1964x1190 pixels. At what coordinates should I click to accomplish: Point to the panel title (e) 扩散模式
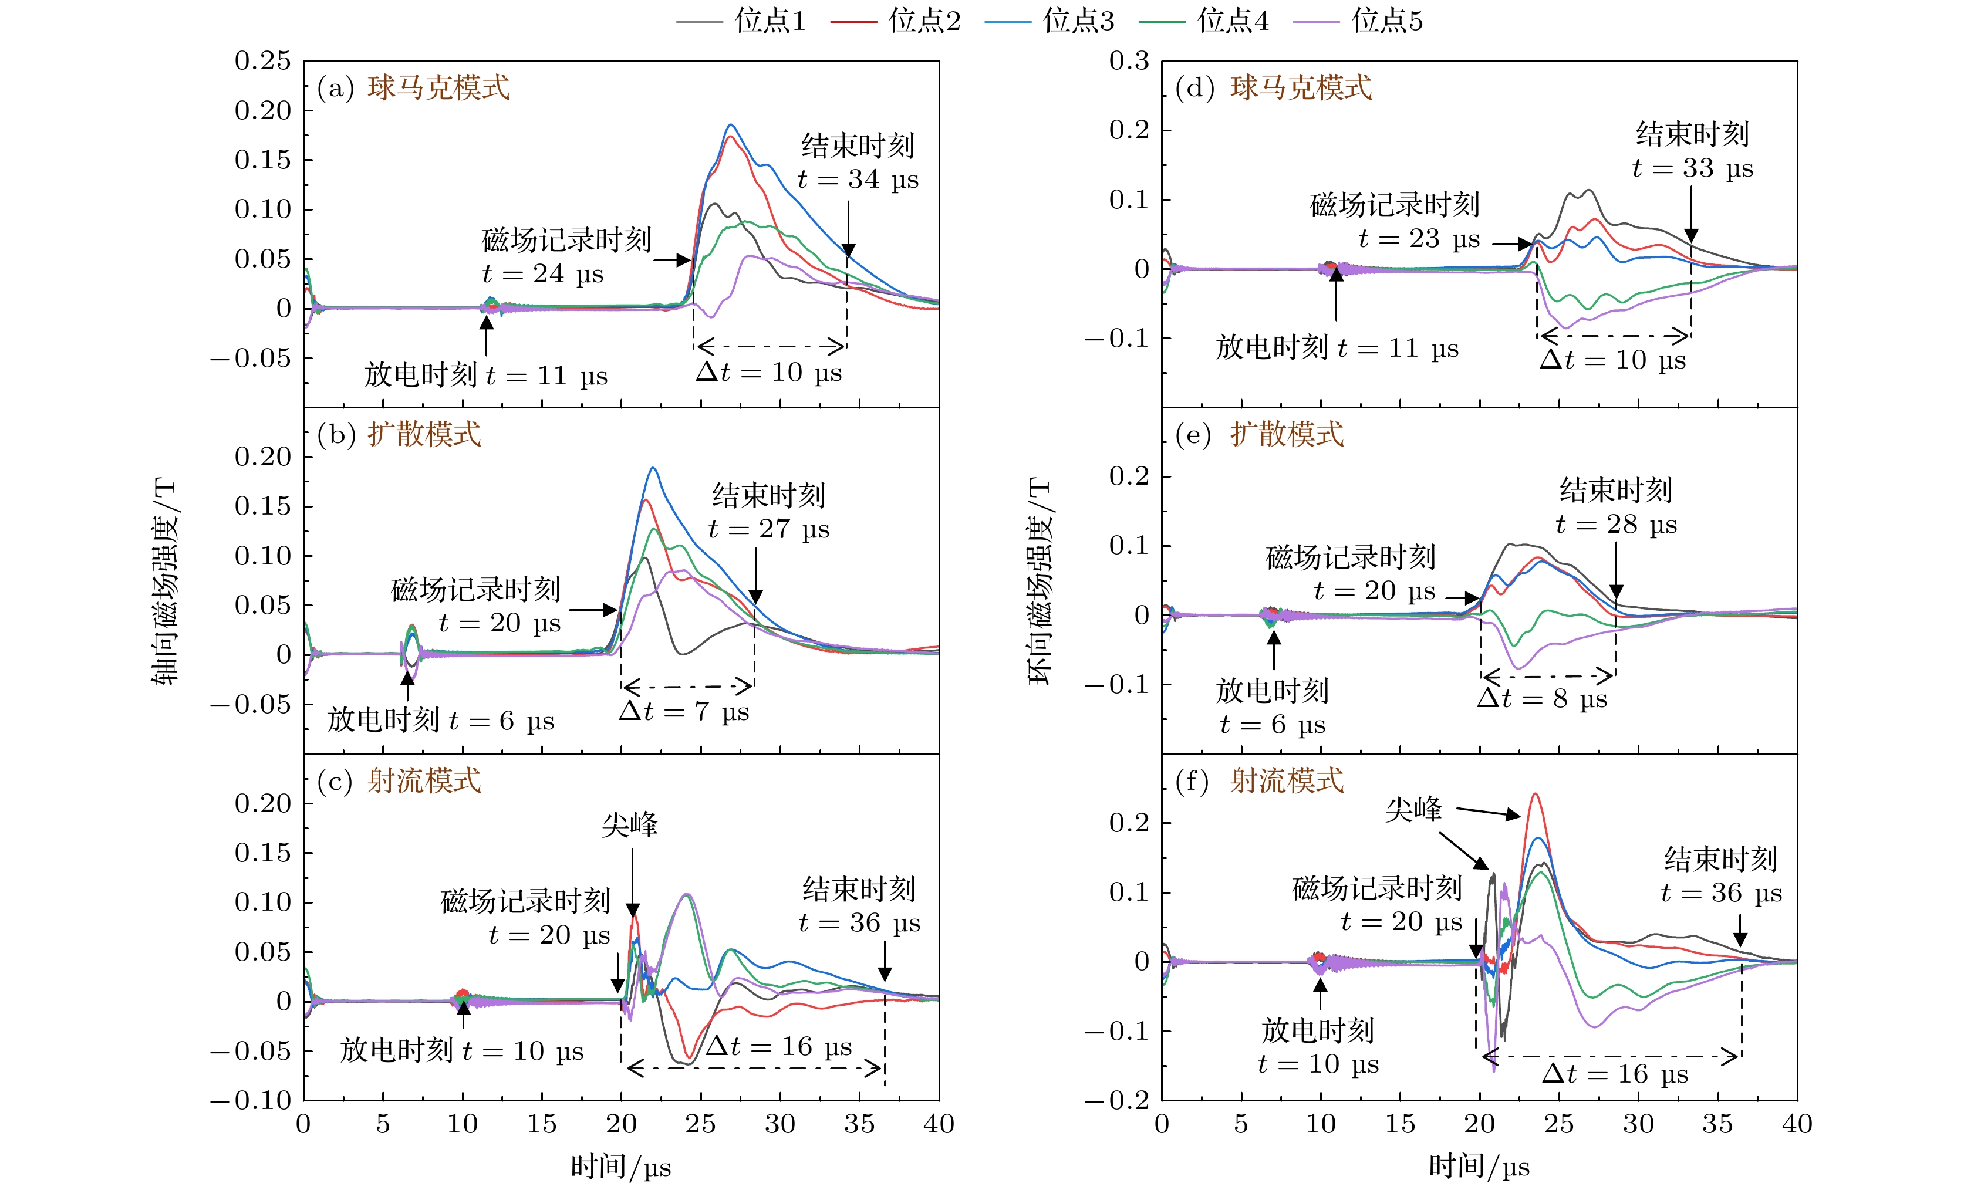[1260, 434]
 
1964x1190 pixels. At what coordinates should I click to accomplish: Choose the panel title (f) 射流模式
[1260, 780]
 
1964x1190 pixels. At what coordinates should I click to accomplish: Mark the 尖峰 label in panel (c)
[630, 825]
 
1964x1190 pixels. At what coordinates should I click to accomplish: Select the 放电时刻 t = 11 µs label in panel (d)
[1337, 349]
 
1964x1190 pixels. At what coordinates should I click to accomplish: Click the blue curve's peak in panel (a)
[730, 125]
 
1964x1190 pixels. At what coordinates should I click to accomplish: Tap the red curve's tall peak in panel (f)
[1534, 794]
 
